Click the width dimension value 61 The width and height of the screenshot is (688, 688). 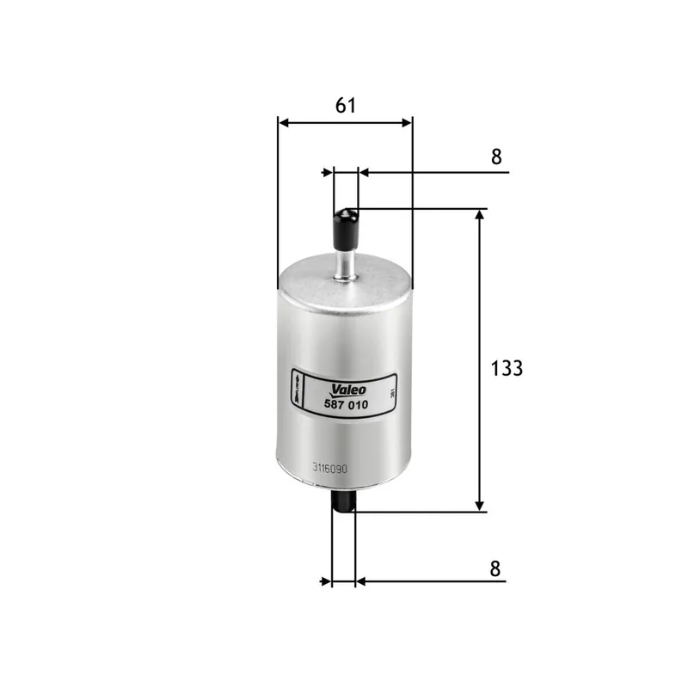(345, 105)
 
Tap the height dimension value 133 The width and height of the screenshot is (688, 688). (507, 368)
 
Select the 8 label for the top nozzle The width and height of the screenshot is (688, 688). (495, 157)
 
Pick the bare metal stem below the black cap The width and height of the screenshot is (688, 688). (346, 262)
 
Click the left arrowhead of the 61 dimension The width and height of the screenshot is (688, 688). (284, 122)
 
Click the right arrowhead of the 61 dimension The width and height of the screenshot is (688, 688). (407, 122)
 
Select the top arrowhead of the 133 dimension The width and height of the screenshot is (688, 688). (480, 215)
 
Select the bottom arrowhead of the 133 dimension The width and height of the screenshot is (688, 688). (480, 506)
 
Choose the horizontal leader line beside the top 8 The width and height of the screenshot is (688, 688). (439, 172)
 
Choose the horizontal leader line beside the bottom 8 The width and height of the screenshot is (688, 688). (439, 581)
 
